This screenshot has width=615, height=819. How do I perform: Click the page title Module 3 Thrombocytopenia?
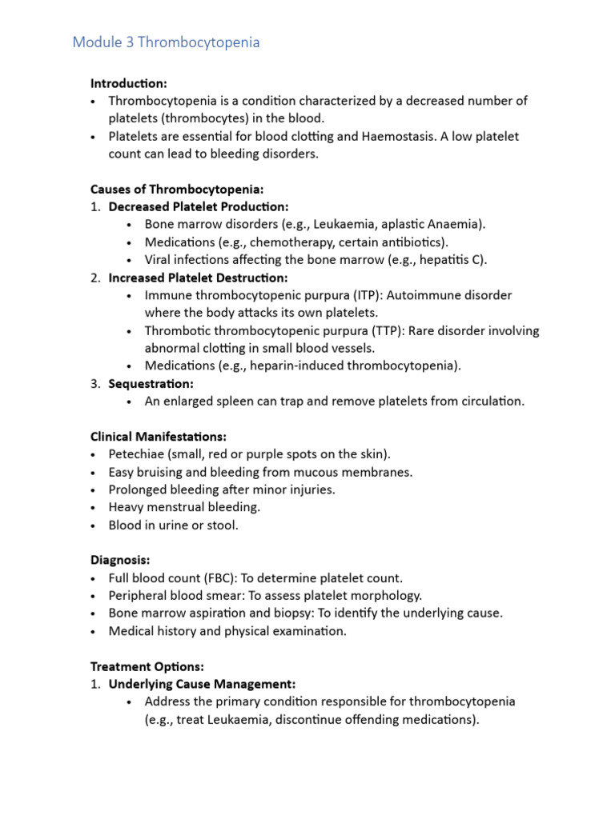coord(166,42)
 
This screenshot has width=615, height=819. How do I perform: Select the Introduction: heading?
coord(129,83)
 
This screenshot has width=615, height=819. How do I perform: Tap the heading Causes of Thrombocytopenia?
coord(177,189)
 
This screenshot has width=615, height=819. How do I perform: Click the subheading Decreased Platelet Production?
coord(198,206)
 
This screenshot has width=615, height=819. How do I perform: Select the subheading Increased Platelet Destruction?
coord(198,278)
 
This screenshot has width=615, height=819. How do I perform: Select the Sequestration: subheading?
coord(151,384)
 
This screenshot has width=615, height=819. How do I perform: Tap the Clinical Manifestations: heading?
coord(159,437)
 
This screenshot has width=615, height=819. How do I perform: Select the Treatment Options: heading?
coord(147,665)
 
